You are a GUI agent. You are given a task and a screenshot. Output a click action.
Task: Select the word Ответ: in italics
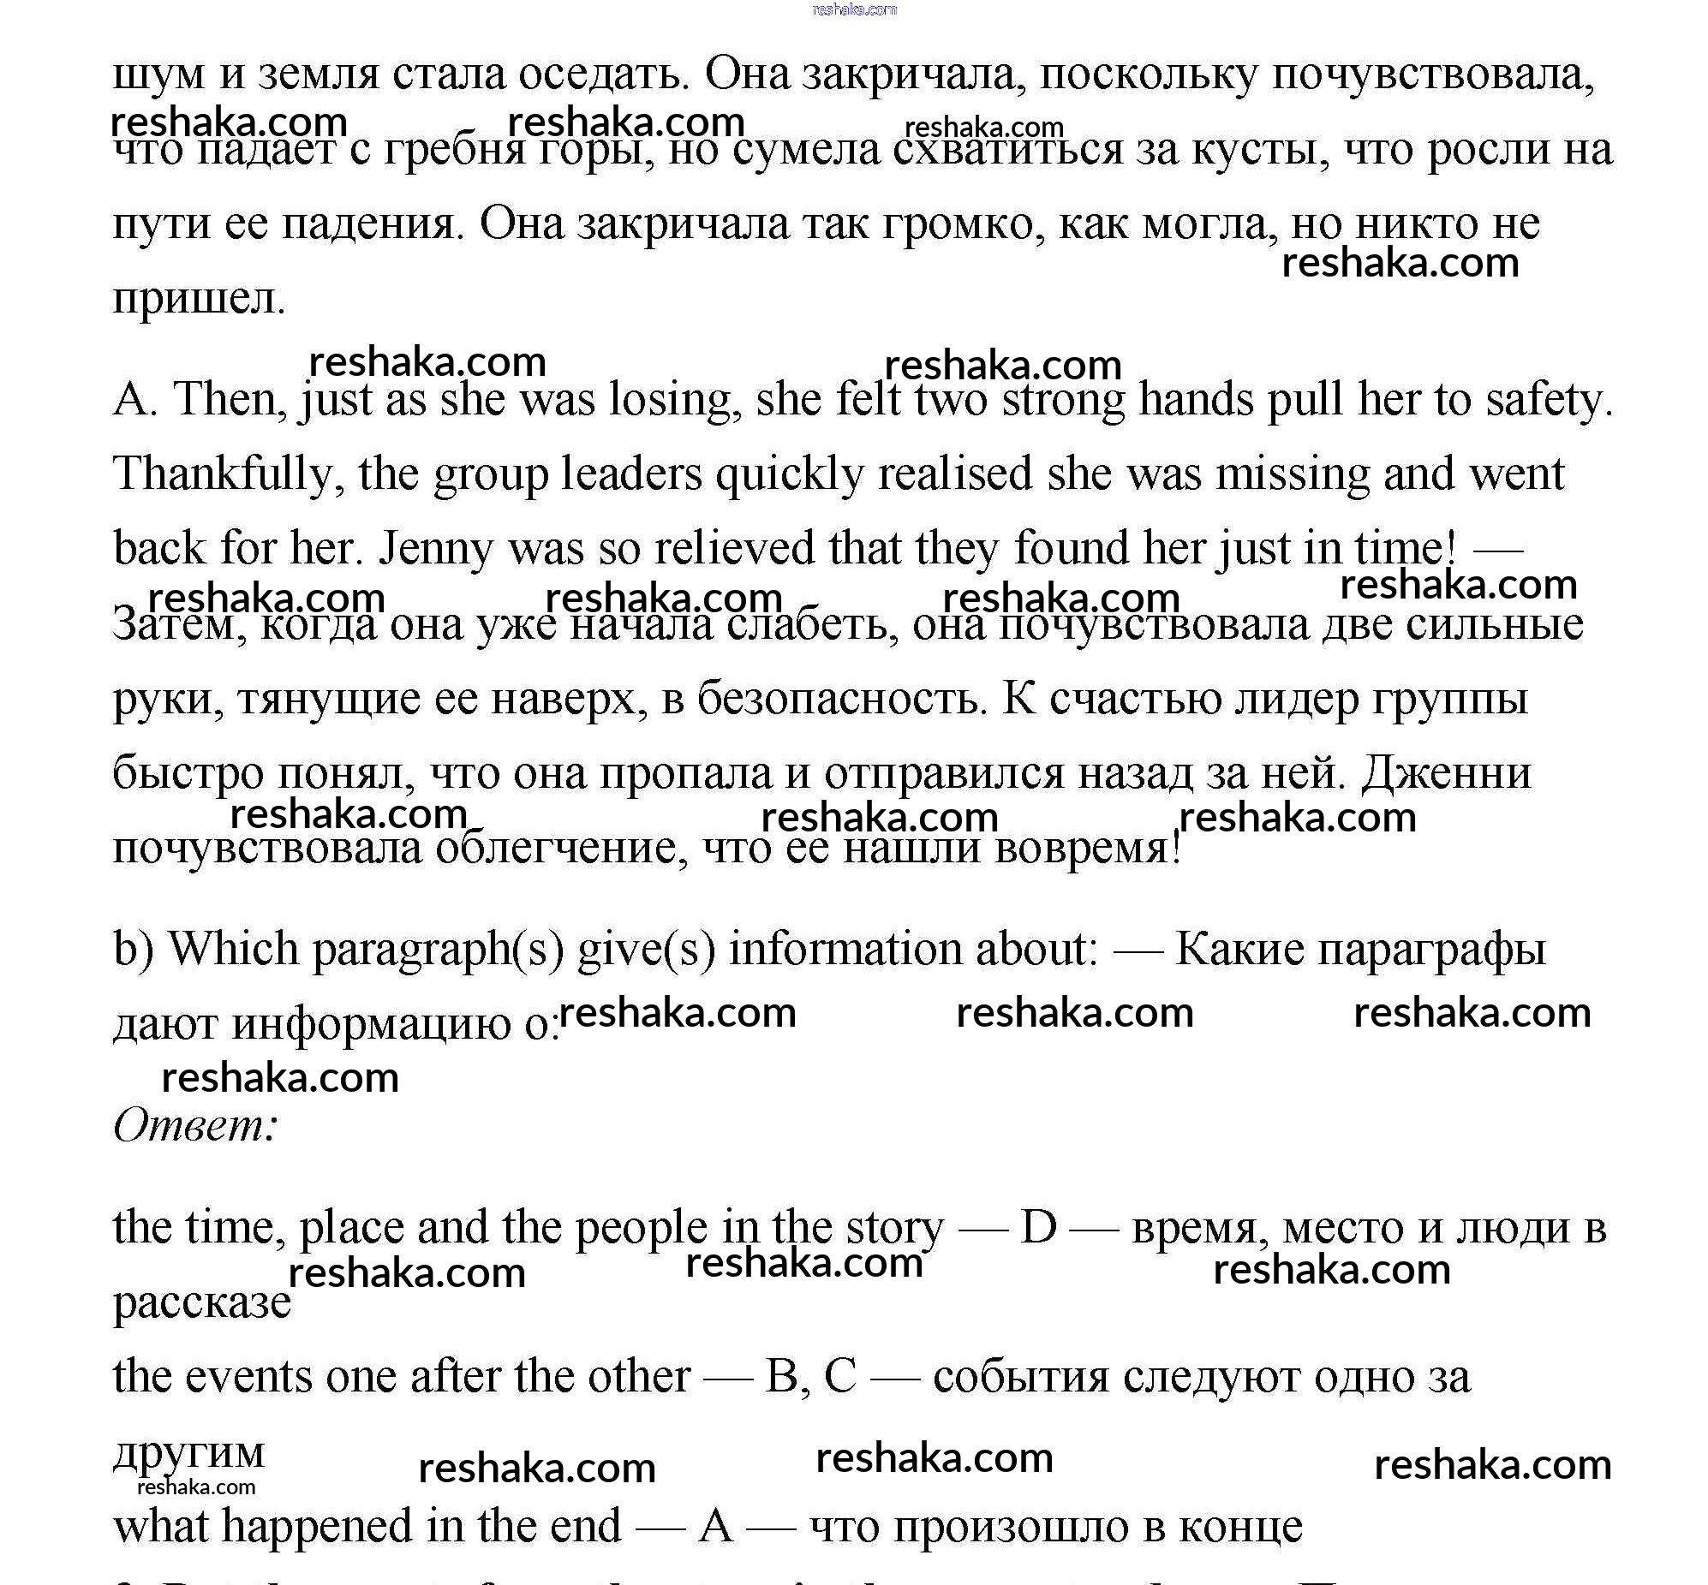tap(195, 1124)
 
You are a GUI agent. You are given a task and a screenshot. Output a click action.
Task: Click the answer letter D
tap(1038, 1227)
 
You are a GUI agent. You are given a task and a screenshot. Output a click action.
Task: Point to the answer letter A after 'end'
tap(716, 1526)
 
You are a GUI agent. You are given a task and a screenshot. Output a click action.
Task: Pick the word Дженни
tap(1446, 772)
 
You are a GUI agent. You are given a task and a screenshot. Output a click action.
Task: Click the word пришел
tap(198, 300)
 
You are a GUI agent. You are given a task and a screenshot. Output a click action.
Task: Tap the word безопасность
tap(837, 698)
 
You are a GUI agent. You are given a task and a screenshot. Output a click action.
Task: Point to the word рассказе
tap(202, 1302)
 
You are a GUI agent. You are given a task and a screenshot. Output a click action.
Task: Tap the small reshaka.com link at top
tap(853, 9)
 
